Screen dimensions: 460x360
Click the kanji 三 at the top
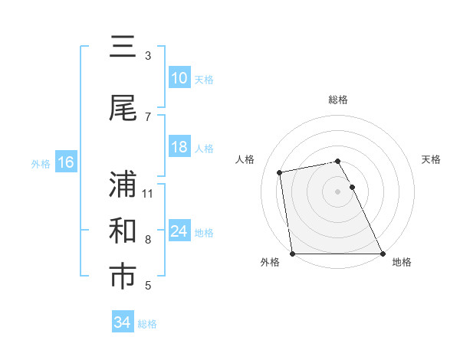click(x=123, y=48)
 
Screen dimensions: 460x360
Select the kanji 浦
click(x=123, y=185)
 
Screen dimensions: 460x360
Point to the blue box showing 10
click(x=179, y=78)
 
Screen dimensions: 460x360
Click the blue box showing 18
click(x=179, y=148)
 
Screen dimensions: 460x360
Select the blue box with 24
click(x=179, y=232)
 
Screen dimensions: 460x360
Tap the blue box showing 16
click(x=65, y=162)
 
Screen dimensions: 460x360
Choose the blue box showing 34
click(x=123, y=322)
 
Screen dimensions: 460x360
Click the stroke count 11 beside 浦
click(x=149, y=193)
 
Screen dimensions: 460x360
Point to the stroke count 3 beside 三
click(x=148, y=56)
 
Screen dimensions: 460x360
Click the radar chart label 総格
click(x=338, y=100)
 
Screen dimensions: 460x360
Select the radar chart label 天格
click(x=432, y=159)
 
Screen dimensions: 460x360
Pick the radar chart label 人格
click(x=245, y=159)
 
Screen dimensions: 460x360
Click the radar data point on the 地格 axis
click(x=383, y=254)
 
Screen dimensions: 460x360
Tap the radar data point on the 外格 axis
click(x=292, y=254)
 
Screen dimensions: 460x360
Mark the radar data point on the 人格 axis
click(x=281, y=172)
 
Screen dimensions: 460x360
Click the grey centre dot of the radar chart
click(x=337, y=191)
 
